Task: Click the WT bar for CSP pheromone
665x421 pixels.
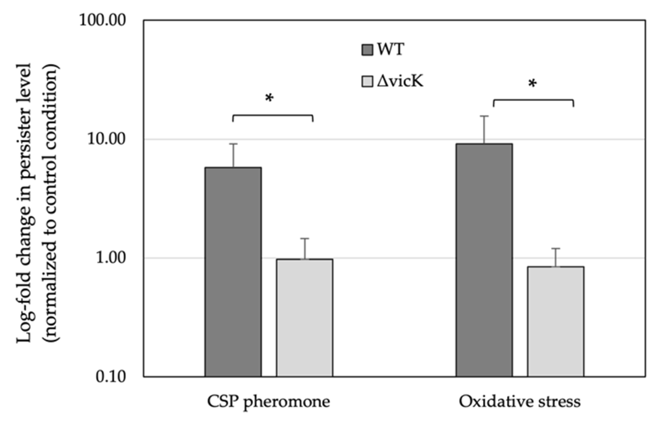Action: [233, 272]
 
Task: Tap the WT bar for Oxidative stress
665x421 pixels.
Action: [484, 260]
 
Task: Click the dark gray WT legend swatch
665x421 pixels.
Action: [367, 50]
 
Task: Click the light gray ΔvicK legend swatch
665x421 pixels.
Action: [367, 82]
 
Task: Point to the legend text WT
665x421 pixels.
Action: [390, 50]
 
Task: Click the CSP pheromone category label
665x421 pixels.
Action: [269, 402]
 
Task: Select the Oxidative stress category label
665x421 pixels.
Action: [520, 402]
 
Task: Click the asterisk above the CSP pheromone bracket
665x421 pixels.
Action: [269, 98]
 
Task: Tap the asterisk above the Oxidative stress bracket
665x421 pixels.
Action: [532, 84]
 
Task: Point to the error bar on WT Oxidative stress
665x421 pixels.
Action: [484, 130]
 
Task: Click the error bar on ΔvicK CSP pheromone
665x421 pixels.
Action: [304, 248]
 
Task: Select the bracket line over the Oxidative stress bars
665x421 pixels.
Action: [533, 100]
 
